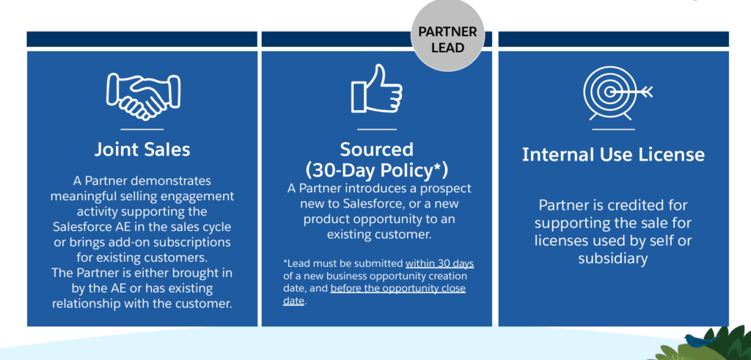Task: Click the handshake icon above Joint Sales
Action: [143, 97]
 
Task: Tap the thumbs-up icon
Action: [376, 89]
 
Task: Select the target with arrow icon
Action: [617, 93]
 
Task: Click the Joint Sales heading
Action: [142, 150]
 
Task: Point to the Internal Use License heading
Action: [613, 155]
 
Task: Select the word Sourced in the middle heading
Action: [376, 150]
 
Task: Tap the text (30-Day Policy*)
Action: [376, 169]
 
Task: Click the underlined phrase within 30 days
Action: [440, 263]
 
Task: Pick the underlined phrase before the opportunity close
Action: [398, 288]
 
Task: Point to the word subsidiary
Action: [612, 259]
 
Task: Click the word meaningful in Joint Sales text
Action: [92, 196]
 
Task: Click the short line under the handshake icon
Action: [142, 129]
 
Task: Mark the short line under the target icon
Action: [613, 129]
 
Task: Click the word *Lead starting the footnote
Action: [295, 263]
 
